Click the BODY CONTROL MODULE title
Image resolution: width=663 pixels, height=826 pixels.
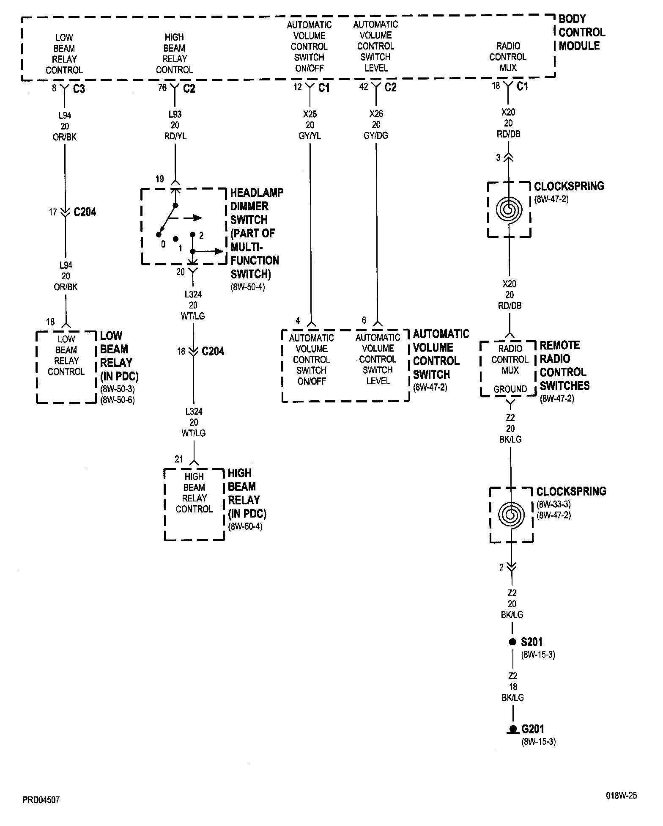(x=581, y=33)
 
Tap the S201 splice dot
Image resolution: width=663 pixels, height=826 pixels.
(x=512, y=642)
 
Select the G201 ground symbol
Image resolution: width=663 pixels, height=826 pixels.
(x=512, y=729)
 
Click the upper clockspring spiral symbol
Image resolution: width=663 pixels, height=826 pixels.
(x=509, y=209)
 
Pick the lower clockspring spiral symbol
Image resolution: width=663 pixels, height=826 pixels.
(x=511, y=515)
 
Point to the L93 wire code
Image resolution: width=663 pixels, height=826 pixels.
(x=175, y=114)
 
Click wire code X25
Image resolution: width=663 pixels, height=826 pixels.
(x=310, y=114)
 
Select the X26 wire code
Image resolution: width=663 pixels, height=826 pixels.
(x=376, y=114)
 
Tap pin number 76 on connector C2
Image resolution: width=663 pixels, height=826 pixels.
(x=162, y=88)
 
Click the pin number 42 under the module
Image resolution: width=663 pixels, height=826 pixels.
(x=364, y=87)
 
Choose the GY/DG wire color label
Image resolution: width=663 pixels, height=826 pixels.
(x=376, y=136)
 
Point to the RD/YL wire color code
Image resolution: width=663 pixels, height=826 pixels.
(x=175, y=136)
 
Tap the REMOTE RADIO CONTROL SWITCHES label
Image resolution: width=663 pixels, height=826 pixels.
(x=564, y=366)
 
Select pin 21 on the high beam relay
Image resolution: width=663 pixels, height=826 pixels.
(x=179, y=459)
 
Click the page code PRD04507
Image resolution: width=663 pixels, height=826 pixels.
(x=41, y=800)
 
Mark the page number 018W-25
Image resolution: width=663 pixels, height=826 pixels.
(x=621, y=796)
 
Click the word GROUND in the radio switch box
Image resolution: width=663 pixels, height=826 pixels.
(x=510, y=389)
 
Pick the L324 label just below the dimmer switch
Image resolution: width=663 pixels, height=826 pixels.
(x=193, y=295)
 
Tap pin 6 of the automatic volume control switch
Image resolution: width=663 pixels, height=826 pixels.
(x=364, y=320)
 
